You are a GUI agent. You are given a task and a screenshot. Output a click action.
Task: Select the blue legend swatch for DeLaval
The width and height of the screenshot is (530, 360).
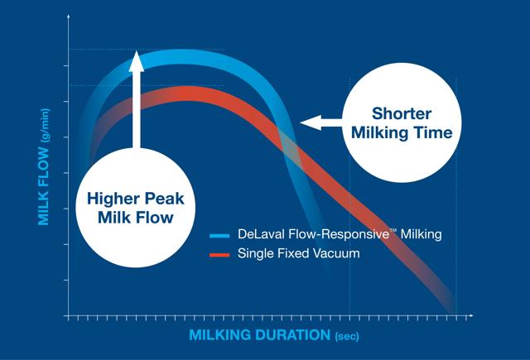218,236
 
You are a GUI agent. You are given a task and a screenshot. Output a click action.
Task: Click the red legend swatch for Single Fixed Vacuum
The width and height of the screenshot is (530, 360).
218,254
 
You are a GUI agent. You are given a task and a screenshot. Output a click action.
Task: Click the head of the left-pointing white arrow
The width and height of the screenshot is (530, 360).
307,123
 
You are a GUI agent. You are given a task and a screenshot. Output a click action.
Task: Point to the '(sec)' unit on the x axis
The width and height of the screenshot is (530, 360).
347,337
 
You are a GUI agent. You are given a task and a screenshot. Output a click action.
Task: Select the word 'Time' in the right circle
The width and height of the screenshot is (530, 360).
431,132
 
